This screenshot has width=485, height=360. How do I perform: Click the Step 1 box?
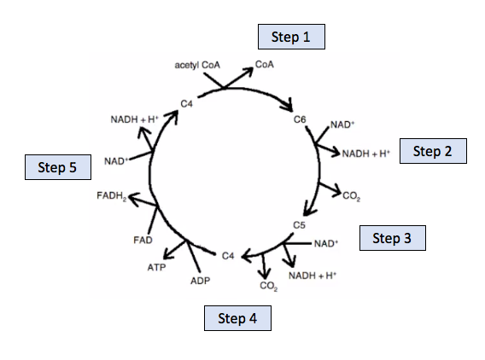click(291, 37)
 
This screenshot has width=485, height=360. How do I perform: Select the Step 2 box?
click(433, 151)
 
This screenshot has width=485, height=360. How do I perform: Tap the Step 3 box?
click(392, 238)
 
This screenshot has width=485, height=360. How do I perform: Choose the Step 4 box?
click(237, 319)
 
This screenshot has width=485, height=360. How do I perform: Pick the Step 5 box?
click(57, 167)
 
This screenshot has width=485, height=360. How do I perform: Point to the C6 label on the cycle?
click(300, 119)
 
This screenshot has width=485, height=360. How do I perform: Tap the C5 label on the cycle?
click(299, 224)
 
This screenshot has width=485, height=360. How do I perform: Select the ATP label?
click(156, 267)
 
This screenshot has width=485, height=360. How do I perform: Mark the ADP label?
click(201, 281)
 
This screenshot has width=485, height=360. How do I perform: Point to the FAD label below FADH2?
click(143, 240)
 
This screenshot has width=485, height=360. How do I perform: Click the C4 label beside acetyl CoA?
click(187, 104)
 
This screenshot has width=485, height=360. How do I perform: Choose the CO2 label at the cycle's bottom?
click(268, 286)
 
